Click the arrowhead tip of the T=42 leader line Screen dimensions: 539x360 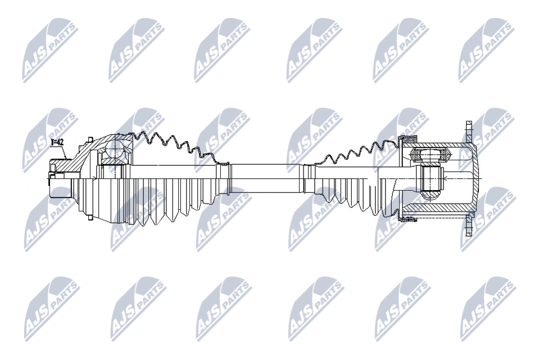click(x=66, y=159)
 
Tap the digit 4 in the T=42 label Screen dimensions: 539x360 click(x=59, y=142)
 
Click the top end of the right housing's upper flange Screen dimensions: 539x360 click(x=469, y=121)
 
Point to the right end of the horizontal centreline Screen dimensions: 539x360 click(x=482, y=179)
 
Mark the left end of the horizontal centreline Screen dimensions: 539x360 click(x=46, y=179)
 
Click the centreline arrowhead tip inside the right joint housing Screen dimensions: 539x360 click(x=444, y=178)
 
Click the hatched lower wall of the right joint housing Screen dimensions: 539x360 click(x=437, y=208)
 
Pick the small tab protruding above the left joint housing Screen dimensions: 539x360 click(x=90, y=139)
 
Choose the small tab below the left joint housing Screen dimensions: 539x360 click(x=90, y=218)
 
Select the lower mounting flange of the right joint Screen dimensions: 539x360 click(x=469, y=224)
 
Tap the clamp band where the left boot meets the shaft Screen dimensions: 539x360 click(x=224, y=179)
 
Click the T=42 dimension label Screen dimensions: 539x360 click(x=57, y=142)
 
